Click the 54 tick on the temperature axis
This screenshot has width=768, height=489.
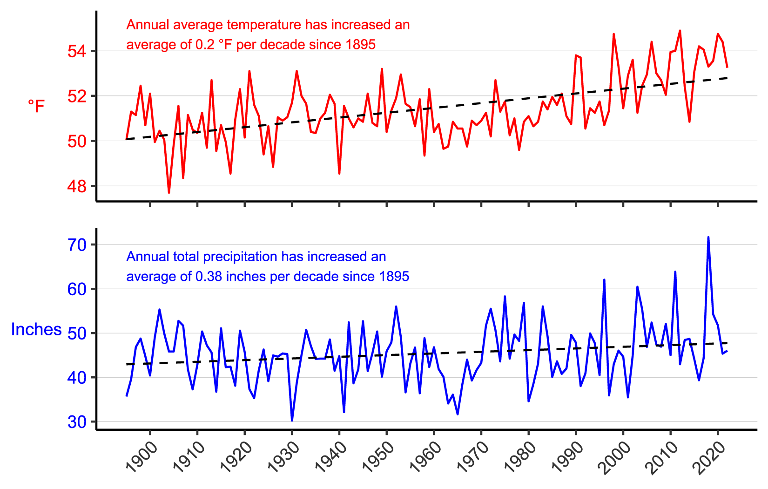[77, 51]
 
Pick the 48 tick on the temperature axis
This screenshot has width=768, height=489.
[77, 186]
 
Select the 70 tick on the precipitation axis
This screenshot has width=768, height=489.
[77, 244]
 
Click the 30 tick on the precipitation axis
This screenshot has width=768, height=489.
[77, 422]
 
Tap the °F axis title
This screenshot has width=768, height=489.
[36, 106]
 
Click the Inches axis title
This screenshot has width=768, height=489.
[36, 330]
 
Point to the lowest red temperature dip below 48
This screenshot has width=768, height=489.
[169, 192]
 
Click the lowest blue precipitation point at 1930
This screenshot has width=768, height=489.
[292, 420]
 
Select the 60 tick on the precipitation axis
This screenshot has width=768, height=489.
[77, 289]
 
